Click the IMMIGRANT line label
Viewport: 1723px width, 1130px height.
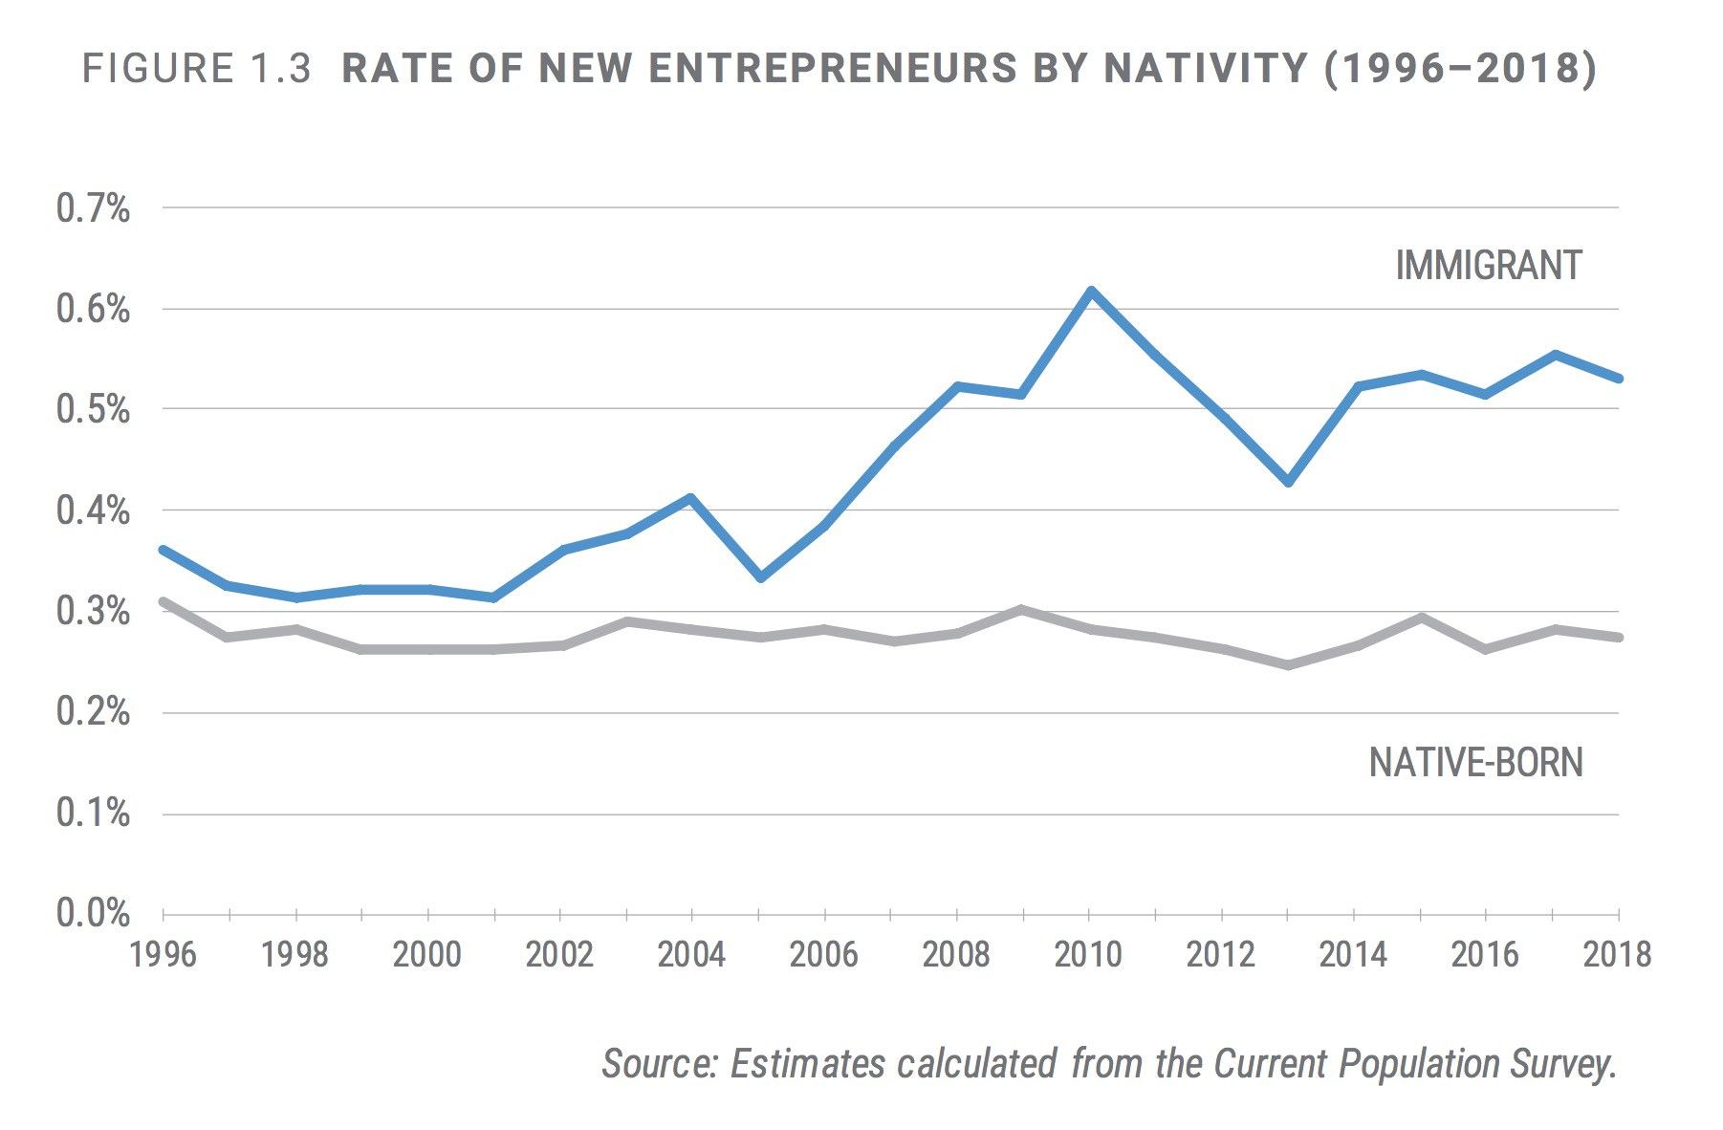coord(1488,266)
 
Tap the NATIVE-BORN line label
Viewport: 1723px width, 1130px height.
coord(1475,763)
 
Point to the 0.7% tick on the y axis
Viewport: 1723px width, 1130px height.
coord(93,208)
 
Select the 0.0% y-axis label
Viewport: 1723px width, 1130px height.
coord(93,914)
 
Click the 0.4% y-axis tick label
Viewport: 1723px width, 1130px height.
coord(93,511)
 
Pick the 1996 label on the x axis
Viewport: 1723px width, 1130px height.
coord(164,955)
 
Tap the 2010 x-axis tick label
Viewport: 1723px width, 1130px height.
coord(1089,955)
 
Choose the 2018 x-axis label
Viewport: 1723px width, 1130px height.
coord(1617,955)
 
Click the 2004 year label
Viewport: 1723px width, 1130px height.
coord(691,955)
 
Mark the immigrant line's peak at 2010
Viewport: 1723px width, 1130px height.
coord(1090,291)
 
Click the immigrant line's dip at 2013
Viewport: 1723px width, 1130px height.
coord(1289,482)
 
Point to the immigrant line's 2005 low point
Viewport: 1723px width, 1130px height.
coord(760,577)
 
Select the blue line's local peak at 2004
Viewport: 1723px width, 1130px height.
coord(690,498)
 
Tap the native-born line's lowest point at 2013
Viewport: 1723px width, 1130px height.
coord(1289,664)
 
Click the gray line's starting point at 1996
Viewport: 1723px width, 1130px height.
coord(164,602)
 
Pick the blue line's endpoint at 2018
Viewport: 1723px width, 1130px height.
coord(1618,379)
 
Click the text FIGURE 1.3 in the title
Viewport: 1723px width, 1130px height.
coord(196,70)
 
